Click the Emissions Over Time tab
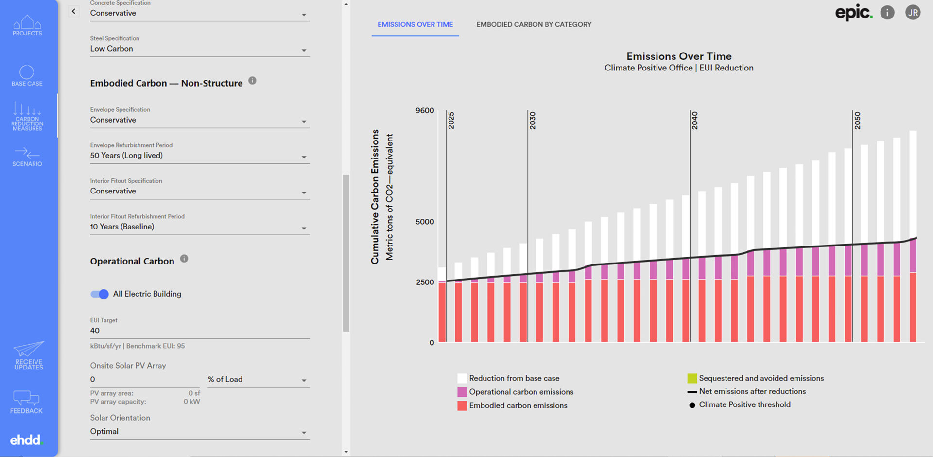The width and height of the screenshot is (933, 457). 415,24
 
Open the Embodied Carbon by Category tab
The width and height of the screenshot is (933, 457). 534,24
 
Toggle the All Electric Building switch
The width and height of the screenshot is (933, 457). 100,294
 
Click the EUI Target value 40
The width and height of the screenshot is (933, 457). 95,331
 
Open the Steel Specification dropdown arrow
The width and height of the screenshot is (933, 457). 304,50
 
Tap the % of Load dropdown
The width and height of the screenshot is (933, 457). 258,380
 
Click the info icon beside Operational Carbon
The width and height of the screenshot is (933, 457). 184,259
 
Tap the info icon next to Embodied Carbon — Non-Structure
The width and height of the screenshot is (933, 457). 252,81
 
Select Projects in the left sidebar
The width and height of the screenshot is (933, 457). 27,26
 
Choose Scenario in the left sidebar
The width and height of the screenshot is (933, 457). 27,157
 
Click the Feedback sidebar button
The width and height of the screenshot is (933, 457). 26,402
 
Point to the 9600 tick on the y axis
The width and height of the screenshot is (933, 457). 425,111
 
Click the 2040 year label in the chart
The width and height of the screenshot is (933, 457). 695,121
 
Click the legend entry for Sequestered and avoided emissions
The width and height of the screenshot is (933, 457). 761,378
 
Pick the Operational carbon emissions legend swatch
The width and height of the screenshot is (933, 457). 462,392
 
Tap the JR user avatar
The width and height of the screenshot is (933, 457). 913,13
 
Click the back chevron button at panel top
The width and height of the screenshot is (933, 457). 73,11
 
